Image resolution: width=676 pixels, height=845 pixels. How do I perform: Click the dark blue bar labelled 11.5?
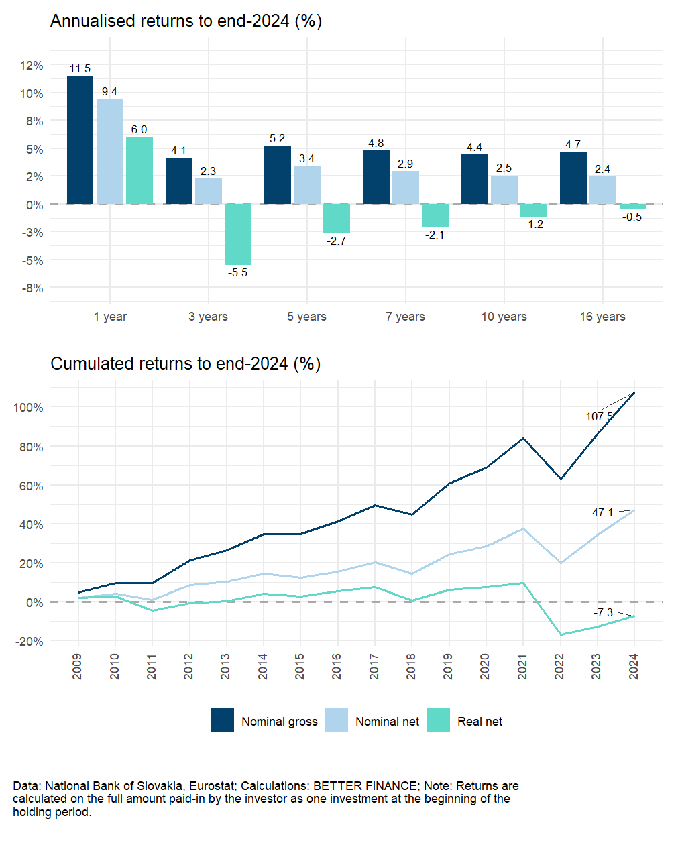point(80,140)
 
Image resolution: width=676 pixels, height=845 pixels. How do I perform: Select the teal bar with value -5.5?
point(238,234)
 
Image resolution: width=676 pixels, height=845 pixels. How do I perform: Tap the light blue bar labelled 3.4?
point(307,185)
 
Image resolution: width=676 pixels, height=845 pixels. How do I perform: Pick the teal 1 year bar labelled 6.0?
point(139,170)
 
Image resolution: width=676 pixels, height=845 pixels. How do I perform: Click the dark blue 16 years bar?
point(573,178)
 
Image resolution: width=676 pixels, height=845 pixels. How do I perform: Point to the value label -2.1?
point(435,235)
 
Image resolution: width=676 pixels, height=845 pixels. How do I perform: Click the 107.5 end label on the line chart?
point(599,416)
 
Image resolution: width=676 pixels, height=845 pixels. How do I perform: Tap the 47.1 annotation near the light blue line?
point(602,512)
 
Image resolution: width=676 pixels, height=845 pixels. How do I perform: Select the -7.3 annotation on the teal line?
point(604,612)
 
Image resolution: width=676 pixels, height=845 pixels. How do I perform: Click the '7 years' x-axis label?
point(405,317)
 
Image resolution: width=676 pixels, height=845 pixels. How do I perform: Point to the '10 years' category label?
point(504,317)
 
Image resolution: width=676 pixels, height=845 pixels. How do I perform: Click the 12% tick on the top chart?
point(32,66)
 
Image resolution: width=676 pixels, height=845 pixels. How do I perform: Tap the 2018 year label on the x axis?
point(411,666)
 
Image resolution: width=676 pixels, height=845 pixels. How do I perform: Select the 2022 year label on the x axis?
point(559,666)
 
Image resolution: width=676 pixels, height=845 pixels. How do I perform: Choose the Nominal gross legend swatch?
point(222,720)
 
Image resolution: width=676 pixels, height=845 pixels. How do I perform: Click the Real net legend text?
point(480,722)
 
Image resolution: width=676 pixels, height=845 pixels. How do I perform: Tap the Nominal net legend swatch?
point(337,720)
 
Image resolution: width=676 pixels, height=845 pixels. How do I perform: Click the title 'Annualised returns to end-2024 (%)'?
point(186,21)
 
